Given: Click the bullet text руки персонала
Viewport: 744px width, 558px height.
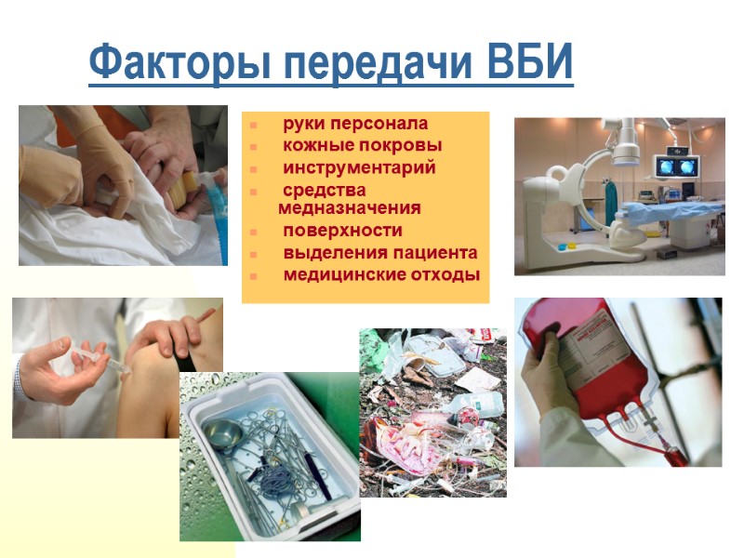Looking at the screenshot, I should coord(355,123).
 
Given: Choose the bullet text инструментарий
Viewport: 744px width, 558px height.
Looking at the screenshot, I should coord(359,167).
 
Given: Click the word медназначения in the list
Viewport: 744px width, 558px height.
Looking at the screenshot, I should coord(349,207).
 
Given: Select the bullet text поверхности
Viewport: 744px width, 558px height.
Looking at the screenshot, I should coord(343,230).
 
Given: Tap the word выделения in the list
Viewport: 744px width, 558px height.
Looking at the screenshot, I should coord(326,252).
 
